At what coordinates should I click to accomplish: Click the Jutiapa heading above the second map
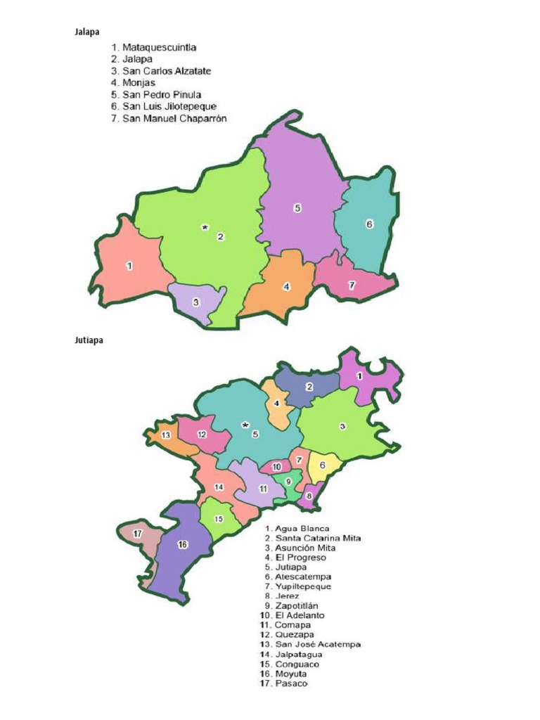coord(89,341)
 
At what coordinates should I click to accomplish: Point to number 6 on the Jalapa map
coord(368,224)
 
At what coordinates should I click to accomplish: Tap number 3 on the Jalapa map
coord(195,302)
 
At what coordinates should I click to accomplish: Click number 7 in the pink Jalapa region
coord(352,285)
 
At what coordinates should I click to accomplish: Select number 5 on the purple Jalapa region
coord(297,207)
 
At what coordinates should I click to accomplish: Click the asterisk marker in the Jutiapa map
coord(245,425)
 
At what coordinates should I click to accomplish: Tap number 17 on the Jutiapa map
coord(139,532)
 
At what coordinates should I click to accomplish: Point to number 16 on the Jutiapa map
coord(182,545)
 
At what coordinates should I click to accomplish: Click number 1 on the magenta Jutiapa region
coord(359,376)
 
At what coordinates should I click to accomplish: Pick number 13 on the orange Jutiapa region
coord(166,435)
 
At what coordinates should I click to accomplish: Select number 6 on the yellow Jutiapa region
coord(322,465)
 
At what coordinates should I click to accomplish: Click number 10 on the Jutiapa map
coord(276,466)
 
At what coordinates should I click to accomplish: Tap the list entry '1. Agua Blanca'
coord(297,528)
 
